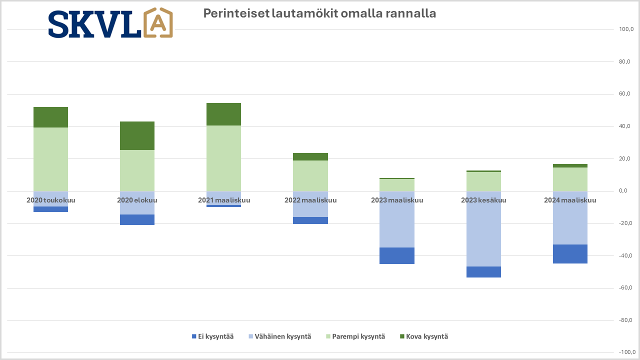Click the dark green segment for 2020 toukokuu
(50, 117)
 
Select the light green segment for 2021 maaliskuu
(223, 158)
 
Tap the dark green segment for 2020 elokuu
(137, 135)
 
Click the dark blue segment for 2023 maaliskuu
(397, 255)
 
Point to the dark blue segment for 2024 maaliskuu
(570, 254)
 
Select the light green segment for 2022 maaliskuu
(310, 175)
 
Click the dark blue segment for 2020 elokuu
(137, 219)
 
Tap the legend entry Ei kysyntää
(212, 336)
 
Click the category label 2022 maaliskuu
(310, 200)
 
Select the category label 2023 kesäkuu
(483, 200)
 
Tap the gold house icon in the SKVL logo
(158, 23)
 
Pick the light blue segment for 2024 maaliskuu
(570, 218)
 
